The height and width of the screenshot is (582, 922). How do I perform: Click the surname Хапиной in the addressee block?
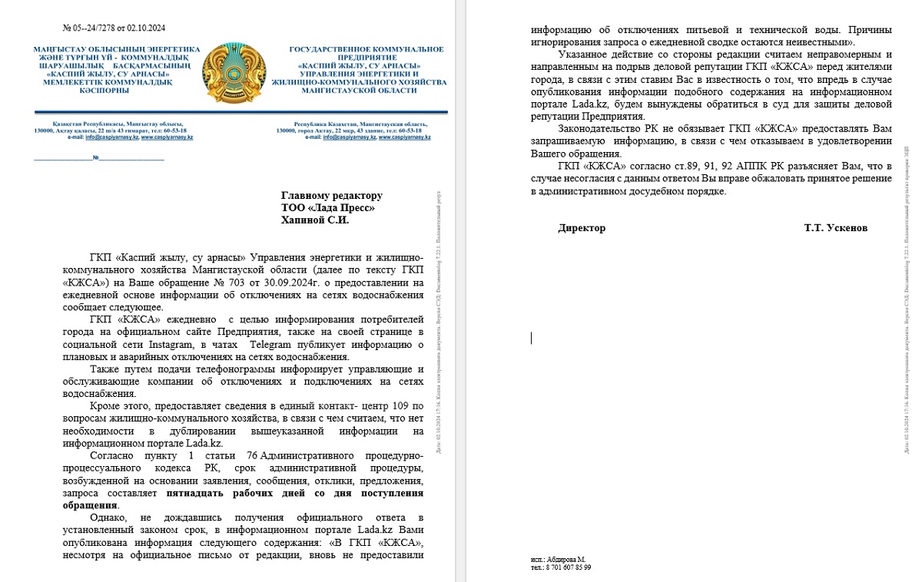coord(303,220)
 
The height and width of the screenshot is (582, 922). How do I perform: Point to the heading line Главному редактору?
coord(331,196)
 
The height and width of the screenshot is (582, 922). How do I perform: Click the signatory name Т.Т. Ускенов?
coord(837,228)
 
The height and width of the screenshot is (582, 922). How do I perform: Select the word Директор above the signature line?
coord(582,228)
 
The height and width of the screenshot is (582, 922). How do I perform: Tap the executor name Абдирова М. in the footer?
coord(568,559)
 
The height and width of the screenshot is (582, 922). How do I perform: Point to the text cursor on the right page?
coord(531,337)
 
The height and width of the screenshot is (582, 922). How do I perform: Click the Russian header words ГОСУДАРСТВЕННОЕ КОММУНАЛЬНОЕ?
coord(366,49)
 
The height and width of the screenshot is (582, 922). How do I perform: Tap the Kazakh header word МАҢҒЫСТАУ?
coord(61,49)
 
